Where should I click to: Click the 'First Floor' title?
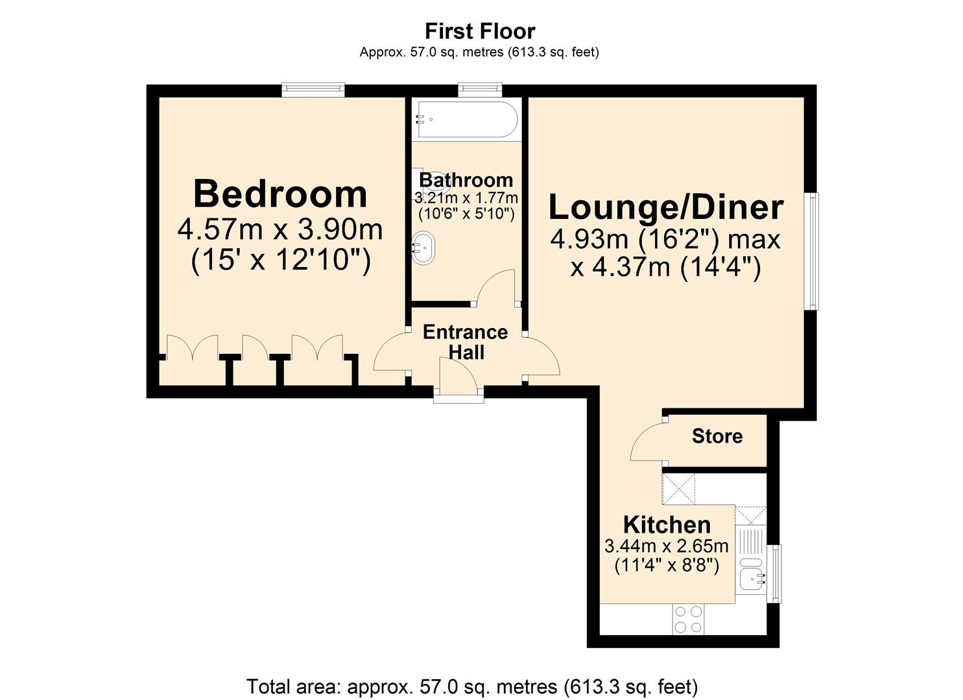pyautogui.click(x=480, y=31)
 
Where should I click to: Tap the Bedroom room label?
pyautogui.click(x=280, y=194)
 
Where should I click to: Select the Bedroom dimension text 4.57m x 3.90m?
pyautogui.click(x=280, y=229)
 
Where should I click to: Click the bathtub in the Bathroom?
pyautogui.click(x=466, y=119)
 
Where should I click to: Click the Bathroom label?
pyautogui.click(x=466, y=180)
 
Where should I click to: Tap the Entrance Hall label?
pyautogui.click(x=465, y=342)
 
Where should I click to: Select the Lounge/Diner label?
pyautogui.click(x=666, y=207)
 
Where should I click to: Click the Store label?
pyautogui.click(x=717, y=436)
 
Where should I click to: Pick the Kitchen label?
pyautogui.click(x=667, y=524)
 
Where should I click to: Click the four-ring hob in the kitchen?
pyautogui.click(x=687, y=619)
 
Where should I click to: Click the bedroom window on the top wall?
pyautogui.click(x=313, y=89)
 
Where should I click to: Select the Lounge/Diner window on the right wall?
pyautogui.click(x=811, y=251)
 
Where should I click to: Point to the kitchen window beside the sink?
pyautogui.click(x=774, y=574)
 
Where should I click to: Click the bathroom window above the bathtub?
pyautogui.click(x=480, y=89)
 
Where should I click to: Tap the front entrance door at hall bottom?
pyautogui.click(x=458, y=379)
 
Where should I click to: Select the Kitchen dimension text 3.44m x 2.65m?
pyautogui.click(x=666, y=546)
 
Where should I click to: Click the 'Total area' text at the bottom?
pyautogui.click(x=472, y=686)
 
